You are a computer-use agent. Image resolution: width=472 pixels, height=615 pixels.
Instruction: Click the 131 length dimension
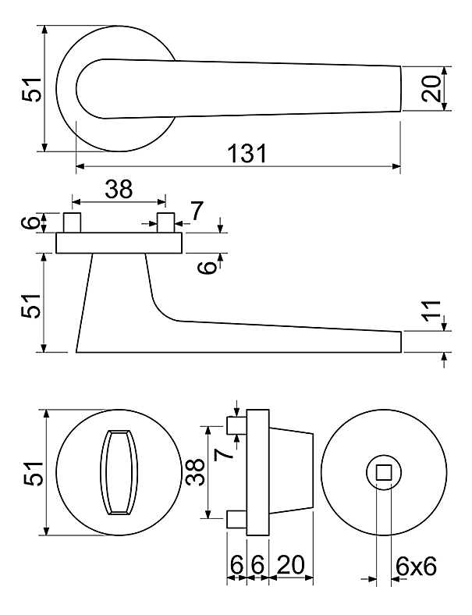coord(247,153)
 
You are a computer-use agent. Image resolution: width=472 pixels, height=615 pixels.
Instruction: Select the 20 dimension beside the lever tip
coord(431,89)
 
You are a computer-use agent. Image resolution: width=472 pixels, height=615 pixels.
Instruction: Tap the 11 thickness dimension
coord(431,311)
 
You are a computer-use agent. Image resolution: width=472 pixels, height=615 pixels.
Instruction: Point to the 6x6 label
coord(416,567)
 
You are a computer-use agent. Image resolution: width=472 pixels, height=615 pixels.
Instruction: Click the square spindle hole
coord(384,473)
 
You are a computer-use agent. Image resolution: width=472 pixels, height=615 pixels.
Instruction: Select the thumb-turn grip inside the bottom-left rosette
coord(120,472)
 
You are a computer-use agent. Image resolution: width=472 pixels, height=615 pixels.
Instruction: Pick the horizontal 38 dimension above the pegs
coord(119,189)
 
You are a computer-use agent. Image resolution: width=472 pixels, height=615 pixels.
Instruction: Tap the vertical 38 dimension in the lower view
coord(195,472)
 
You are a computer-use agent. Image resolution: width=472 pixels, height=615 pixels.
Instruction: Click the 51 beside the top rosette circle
coord(32,90)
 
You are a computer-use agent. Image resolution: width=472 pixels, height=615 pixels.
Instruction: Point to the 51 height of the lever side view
coord(31,306)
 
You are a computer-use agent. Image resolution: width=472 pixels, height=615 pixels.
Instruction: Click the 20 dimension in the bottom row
coord(290,565)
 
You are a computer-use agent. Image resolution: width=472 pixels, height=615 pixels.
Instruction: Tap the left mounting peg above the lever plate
coord(72,222)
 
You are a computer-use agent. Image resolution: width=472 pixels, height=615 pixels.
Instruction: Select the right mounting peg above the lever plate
coord(165,222)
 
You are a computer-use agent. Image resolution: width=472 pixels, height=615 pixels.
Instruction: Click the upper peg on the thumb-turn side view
coord(237,425)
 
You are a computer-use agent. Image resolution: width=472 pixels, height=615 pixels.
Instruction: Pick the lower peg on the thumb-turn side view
coord(237,519)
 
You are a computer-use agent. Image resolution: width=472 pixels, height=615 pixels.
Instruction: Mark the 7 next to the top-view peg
coord(197,212)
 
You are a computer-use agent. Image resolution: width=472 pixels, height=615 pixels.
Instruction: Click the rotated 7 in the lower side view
coord(223,454)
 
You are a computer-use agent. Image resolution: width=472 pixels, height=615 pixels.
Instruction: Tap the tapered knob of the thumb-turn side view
coord(291,471)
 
